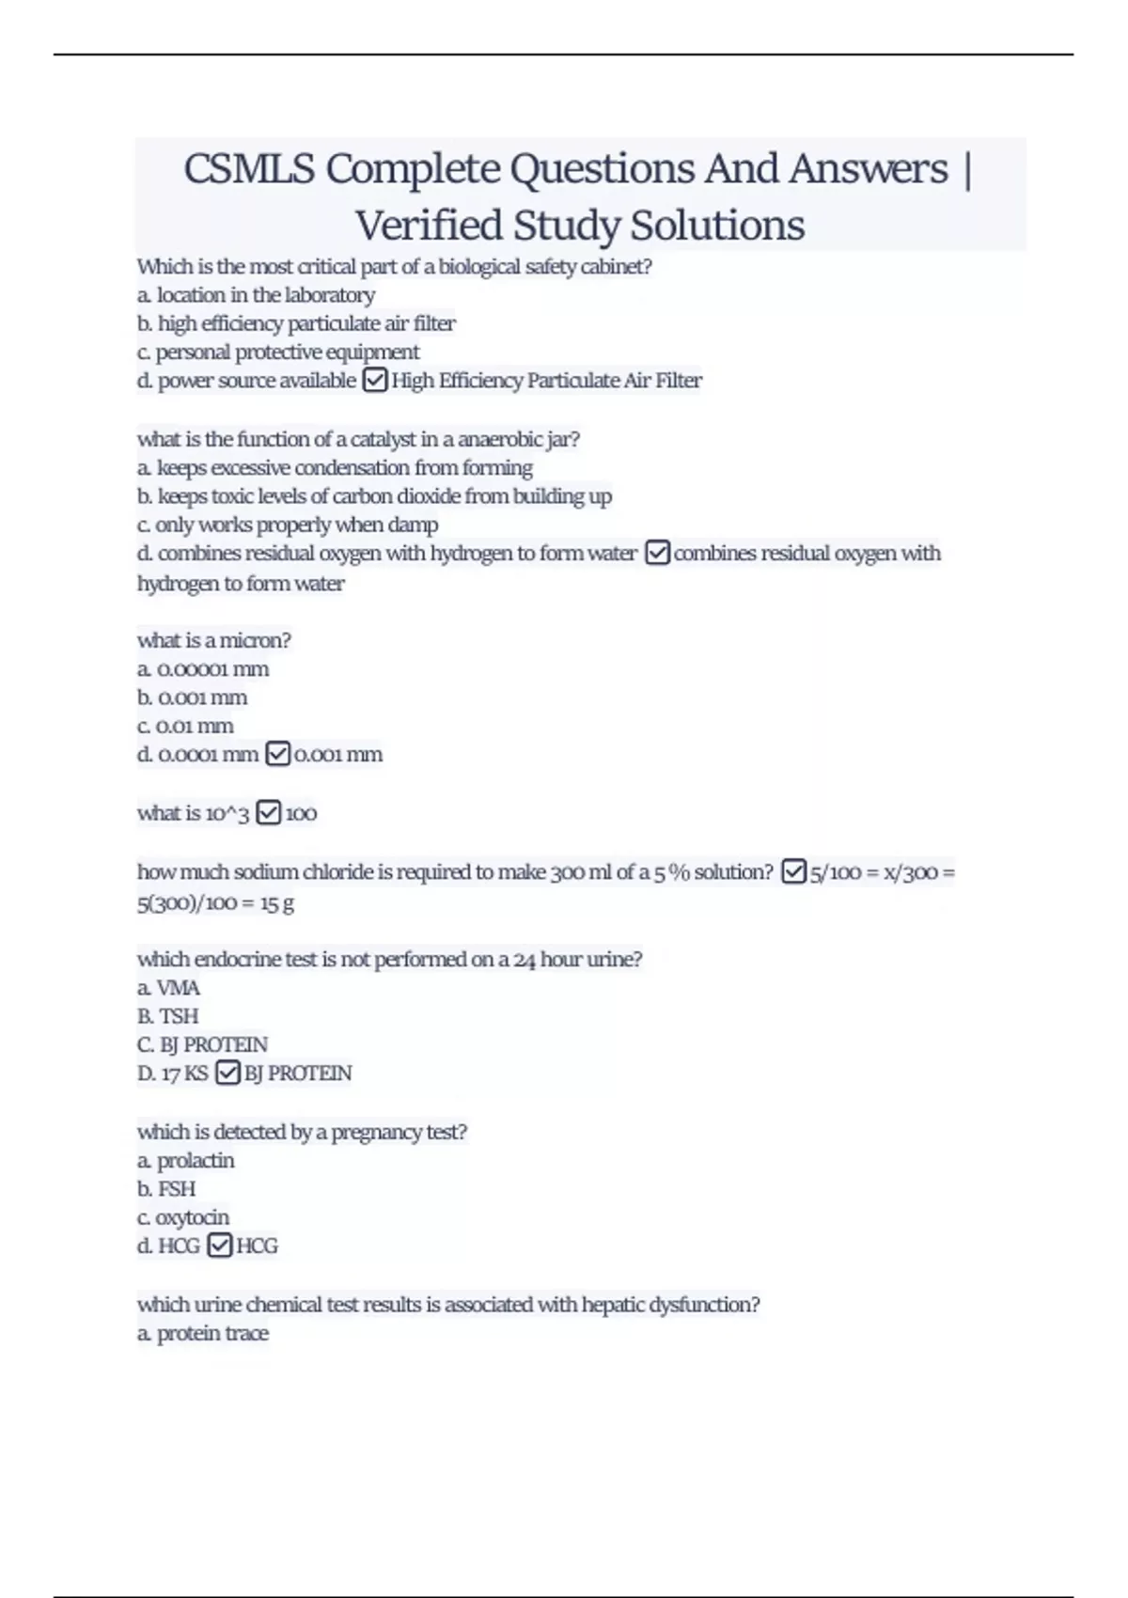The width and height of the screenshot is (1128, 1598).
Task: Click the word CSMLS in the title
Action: (249, 169)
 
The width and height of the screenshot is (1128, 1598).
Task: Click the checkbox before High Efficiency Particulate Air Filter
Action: (374, 381)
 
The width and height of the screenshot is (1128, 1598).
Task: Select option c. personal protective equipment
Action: (278, 352)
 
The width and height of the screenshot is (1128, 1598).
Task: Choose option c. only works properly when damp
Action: (288, 525)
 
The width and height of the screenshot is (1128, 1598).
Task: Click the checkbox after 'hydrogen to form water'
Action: (657, 553)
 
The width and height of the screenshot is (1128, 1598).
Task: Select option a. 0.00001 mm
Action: (203, 669)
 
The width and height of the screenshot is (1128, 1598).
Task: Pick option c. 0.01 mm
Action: (185, 726)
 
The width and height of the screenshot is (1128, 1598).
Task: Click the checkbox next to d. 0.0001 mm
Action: (277, 754)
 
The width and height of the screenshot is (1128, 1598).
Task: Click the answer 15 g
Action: (277, 903)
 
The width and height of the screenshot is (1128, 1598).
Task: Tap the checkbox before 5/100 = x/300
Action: (794, 872)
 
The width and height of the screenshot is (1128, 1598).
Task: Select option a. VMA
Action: (168, 988)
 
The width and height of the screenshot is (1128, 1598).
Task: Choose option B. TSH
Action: (167, 1016)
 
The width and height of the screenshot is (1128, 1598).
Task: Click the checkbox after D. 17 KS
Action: (227, 1073)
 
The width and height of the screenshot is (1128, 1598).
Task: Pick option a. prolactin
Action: (186, 1161)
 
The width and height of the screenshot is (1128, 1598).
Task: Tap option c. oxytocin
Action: (183, 1217)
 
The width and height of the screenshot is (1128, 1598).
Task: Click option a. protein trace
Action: (203, 1333)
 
